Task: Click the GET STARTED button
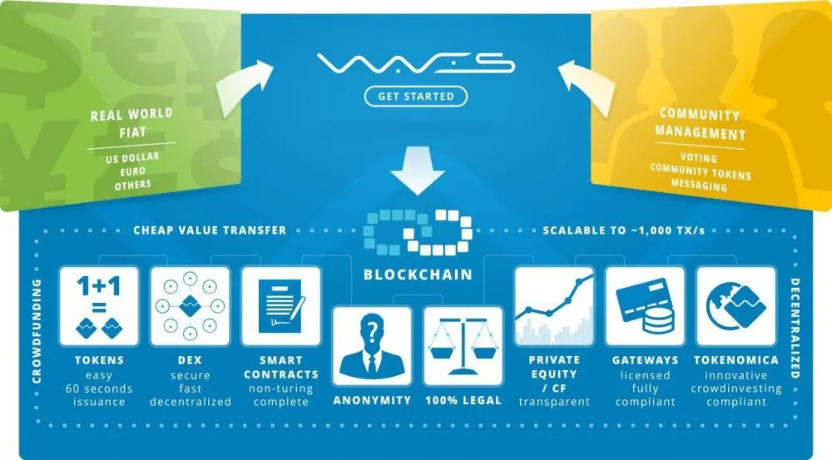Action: click(x=416, y=96)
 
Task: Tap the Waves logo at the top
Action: click(x=416, y=64)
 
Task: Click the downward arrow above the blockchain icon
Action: click(x=418, y=171)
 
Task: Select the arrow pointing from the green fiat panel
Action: click(x=243, y=87)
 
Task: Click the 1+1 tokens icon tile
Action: click(x=99, y=306)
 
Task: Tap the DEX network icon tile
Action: click(x=190, y=306)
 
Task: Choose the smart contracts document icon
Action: click(x=281, y=306)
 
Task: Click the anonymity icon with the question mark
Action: click(x=372, y=346)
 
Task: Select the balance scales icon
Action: click(x=463, y=346)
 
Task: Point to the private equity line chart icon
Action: click(x=554, y=306)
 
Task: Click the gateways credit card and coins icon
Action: click(x=645, y=306)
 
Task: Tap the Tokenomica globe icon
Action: click(x=736, y=306)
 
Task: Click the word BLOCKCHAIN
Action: click(x=418, y=275)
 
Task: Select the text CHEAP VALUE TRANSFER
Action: click(x=210, y=230)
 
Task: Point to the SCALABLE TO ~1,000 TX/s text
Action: click(x=624, y=230)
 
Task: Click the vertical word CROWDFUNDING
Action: click(x=37, y=331)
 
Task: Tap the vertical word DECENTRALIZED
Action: click(x=795, y=329)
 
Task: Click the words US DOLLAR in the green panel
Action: click(x=132, y=157)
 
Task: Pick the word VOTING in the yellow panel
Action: click(x=699, y=157)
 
